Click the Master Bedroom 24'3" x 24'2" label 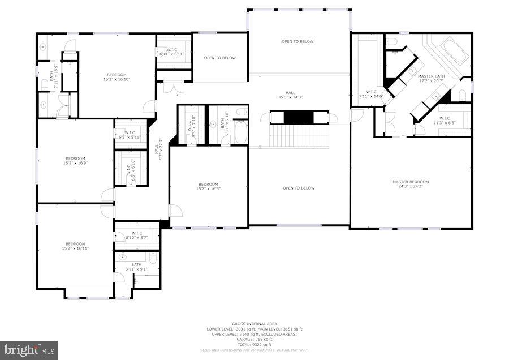click(x=411, y=184)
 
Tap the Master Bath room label click(x=432, y=78)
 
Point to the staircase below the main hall click(x=299, y=136)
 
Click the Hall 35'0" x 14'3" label click(x=290, y=95)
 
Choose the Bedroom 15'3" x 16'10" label click(x=117, y=77)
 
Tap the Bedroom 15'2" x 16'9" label click(x=75, y=161)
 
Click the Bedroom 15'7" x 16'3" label click(x=208, y=186)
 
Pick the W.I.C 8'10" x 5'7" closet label click(x=137, y=235)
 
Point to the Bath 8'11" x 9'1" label click(x=136, y=267)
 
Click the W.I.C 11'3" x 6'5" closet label click(x=444, y=120)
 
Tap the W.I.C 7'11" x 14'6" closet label click(x=372, y=93)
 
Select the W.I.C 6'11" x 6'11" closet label click(x=172, y=52)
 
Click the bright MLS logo click(x=29, y=349)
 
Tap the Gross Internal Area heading click(x=254, y=324)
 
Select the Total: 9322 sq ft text click(x=254, y=345)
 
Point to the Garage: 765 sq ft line click(x=254, y=340)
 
